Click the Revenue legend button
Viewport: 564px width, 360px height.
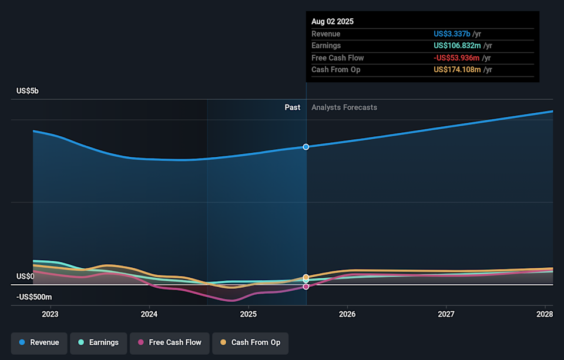click(39, 342)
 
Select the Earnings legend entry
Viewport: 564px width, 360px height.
click(98, 342)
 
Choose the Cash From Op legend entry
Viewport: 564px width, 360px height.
click(250, 342)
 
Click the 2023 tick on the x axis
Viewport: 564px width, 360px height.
click(51, 314)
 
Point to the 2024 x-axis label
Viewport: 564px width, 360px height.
click(149, 314)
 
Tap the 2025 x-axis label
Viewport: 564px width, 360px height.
click(249, 314)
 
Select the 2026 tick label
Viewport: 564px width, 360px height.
click(347, 314)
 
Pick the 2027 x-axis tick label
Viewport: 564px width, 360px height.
click(446, 314)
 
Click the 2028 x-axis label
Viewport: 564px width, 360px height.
click(545, 314)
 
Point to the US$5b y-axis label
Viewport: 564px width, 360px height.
click(28, 91)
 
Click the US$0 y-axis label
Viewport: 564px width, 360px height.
click(26, 276)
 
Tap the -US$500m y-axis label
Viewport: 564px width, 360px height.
click(34, 297)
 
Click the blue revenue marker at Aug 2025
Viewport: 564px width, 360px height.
click(306, 146)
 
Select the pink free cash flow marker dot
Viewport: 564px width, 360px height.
click(306, 287)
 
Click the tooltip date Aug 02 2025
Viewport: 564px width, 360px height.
click(333, 22)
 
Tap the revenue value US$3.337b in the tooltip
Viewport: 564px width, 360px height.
click(452, 34)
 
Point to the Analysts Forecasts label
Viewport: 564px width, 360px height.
click(344, 107)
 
